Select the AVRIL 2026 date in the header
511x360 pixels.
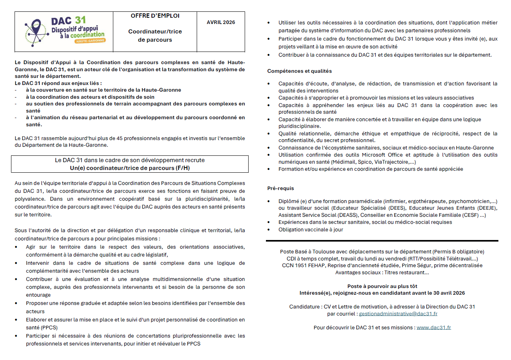(x=221, y=22)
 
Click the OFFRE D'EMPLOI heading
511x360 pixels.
(x=155, y=16)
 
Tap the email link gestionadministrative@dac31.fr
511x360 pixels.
(x=398, y=314)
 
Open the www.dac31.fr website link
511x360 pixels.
(x=434, y=327)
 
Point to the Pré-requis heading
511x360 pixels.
(x=280, y=188)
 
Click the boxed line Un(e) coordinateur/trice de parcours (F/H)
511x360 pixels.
(x=130, y=168)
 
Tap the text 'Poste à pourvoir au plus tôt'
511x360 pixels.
(x=382, y=286)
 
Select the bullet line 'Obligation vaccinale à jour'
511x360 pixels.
(x=311, y=229)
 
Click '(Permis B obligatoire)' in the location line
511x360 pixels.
(x=458, y=251)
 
